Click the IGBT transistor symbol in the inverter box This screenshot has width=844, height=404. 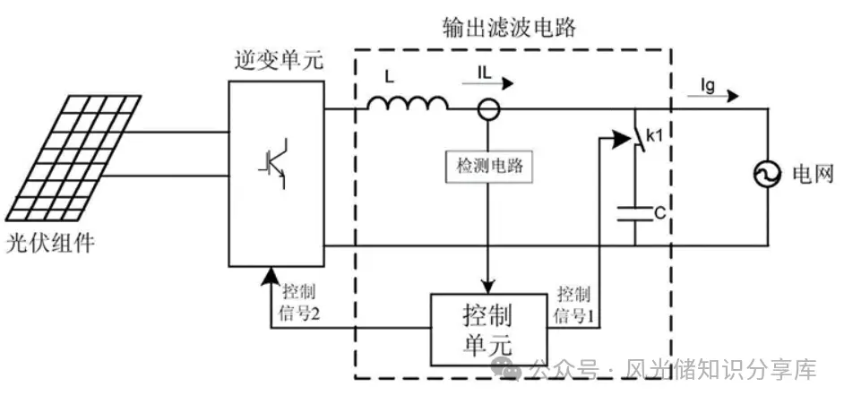tap(273, 162)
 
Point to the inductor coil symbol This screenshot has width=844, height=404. tap(408, 105)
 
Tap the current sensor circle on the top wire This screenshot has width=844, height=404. tap(487, 110)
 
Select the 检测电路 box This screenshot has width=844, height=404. tap(487, 166)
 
